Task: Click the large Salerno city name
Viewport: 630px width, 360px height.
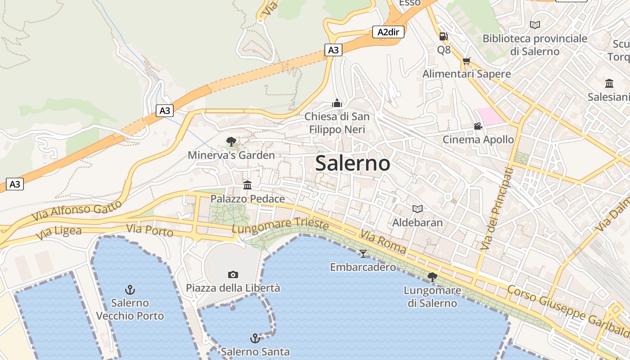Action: [x=352, y=163]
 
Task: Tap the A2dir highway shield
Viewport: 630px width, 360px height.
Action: [x=388, y=32]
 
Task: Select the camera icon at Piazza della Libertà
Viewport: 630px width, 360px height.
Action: [x=233, y=274]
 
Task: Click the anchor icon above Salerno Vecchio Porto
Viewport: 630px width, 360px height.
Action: [x=130, y=289]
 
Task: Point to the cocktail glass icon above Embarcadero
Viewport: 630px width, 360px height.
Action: [x=363, y=254]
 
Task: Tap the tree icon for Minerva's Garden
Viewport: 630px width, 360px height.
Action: [x=231, y=142]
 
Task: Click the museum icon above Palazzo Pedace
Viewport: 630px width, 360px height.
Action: [x=247, y=185]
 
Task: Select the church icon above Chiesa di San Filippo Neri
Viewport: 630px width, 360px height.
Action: [x=337, y=103]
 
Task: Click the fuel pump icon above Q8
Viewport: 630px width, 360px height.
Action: [x=443, y=36]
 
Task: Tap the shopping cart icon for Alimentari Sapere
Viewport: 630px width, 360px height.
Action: [x=467, y=61]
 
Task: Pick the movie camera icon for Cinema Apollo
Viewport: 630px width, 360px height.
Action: [x=478, y=126]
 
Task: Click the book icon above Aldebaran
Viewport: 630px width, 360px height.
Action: [x=418, y=209]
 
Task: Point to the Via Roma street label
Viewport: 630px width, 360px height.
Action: [x=382, y=242]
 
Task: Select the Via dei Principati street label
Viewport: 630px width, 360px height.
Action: [x=497, y=209]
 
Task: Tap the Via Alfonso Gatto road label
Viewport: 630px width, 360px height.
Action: [x=76, y=210]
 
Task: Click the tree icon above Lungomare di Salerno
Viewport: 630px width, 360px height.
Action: [x=432, y=277]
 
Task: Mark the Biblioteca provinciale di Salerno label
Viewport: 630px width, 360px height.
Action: [x=535, y=45]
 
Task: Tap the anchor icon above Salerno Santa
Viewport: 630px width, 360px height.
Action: [x=255, y=338]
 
